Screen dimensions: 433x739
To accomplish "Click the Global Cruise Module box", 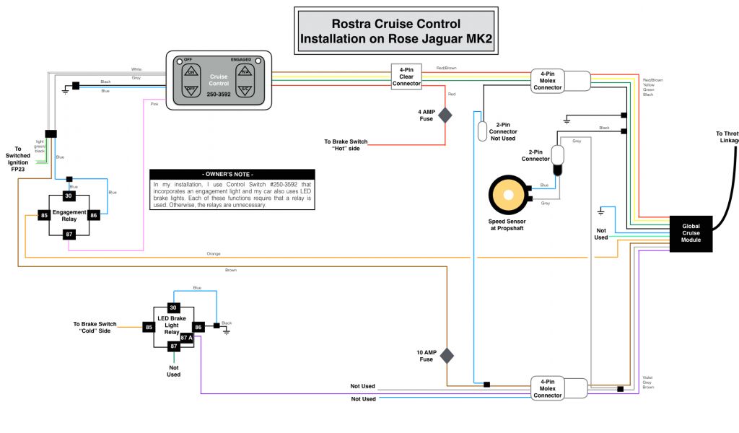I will pos(691,233).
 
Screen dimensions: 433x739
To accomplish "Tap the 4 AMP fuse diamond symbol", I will pos(445,115).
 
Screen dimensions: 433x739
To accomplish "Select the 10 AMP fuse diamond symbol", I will pos(447,355).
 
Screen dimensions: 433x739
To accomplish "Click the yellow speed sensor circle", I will pos(508,195).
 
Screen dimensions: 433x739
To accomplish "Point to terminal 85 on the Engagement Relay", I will pos(44,214).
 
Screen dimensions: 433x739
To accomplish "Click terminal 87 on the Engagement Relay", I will pos(69,234).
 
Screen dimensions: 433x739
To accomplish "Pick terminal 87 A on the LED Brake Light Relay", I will pos(187,337).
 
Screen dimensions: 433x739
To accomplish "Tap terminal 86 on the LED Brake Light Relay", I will pos(199,327).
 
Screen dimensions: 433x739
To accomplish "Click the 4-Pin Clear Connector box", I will pos(406,76).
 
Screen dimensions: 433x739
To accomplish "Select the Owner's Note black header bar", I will pos(232,175).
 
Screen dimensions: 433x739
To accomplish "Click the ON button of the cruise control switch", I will pos(192,71).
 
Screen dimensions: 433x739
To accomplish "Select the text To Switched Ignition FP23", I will pos(19,157).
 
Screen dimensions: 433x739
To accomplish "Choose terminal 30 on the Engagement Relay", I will pos(69,196).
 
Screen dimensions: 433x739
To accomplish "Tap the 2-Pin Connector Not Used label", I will pos(502,132).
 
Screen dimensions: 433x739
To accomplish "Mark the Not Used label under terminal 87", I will pos(173,371).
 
